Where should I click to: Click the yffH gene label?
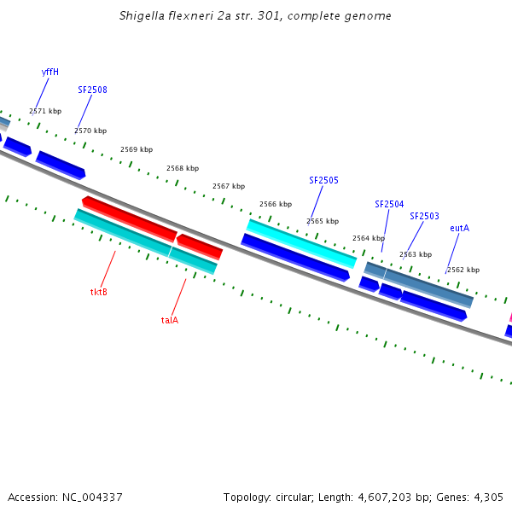[x=50, y=72]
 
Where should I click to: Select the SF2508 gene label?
[x=92, y=90]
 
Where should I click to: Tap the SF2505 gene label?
[x=323, y=180]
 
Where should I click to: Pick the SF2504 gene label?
[x=389, y=204]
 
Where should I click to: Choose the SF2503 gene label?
[x=424, y=216]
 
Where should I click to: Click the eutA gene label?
[x=459, y=228]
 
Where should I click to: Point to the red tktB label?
[x=99, y=292]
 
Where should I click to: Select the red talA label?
[x=170, y=320]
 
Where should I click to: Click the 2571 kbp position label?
[x=45, y=111]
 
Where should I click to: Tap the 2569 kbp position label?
[x=137, y=149]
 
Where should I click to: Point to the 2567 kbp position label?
[x=229, y=186]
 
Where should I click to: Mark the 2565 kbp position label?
[x=323, y=221]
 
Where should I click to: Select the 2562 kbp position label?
[x=463, y=270]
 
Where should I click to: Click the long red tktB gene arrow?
[x=130, y=218]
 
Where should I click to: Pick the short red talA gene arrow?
[x=200, y=246]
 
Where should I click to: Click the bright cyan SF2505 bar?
[x=301, y=243]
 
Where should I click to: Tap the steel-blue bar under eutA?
[x=428, y=286]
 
